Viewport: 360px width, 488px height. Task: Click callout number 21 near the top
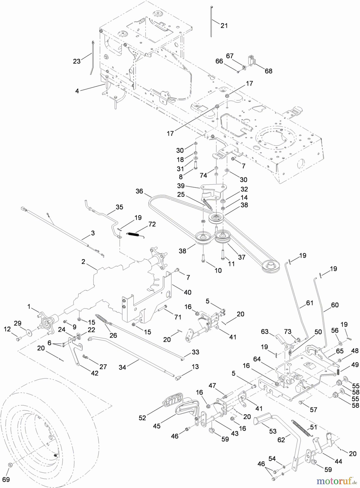coord(224,26)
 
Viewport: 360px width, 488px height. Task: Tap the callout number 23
coord(77,61)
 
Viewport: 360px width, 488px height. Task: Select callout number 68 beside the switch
coord(268,71)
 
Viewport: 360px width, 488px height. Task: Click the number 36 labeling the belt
coord(139,191)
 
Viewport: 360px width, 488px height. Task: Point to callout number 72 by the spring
coord(152,224)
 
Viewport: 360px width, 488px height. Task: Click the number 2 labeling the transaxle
coord(83,262)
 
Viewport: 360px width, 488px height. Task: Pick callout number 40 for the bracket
coord(187,292)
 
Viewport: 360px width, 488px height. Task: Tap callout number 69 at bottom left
coord(6,479)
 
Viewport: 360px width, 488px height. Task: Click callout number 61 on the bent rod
coord(310,303)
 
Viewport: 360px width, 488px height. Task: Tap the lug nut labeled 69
coord(10,465)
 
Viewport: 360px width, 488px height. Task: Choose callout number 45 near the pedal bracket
coord(157,426)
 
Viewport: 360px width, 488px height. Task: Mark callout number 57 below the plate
coord(313,410)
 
